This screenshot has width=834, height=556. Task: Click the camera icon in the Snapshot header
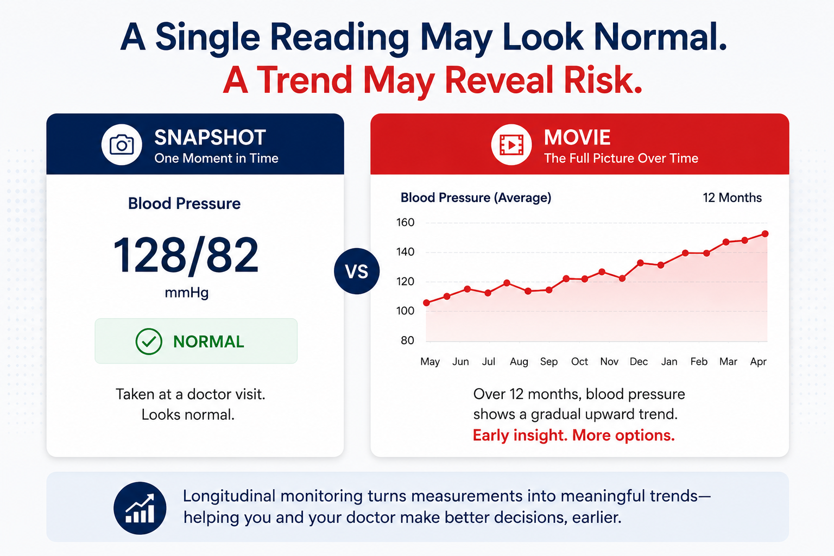[122, 144]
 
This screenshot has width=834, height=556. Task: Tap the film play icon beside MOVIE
[511, 144]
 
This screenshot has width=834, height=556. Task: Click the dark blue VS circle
[357, 271]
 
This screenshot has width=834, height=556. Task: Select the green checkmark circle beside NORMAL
[149, 341]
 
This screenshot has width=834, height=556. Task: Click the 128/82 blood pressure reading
[186, 256]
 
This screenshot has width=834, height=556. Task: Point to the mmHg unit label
[187, 293]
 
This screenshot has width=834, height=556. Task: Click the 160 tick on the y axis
[405, 223]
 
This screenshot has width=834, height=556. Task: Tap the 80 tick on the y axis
[407, 340]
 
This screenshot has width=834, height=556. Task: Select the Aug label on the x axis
[519, 362]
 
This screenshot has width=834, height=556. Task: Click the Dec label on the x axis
[639, 362]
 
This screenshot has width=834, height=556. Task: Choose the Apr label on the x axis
[759, 362]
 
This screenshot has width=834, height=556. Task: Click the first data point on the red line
[427, 303]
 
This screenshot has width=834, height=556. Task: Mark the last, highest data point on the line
[765, 234]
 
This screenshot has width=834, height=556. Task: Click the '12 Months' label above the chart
[732, 198]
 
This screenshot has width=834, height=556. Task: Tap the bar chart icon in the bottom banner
[140, 508]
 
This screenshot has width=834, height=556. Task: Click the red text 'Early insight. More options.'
[574, 435]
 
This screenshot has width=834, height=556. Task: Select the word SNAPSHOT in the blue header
[210, 137]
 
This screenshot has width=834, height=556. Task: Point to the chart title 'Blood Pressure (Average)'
[476, 198]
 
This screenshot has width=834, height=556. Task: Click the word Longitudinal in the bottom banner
[229, 496]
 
